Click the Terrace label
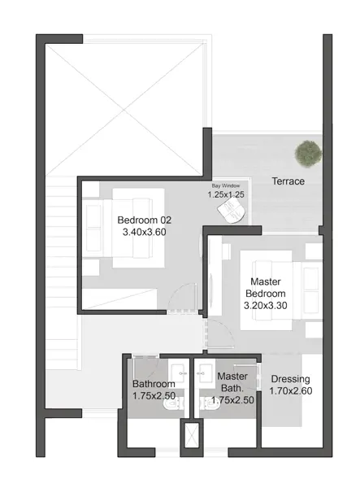(288, 181)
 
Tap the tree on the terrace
(308, 154)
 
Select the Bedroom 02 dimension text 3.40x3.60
(145, 232)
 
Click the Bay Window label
(226, 185)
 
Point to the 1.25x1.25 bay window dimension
(226, 194)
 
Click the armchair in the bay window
(232, 210)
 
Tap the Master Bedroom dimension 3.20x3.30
(265, 305)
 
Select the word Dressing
(290, 379)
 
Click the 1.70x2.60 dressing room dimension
(290, 391)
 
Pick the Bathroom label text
(154, 384)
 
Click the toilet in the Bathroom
(171, 404)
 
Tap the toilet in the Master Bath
(208, 404)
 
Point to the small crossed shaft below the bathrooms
(192, 435)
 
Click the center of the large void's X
(124, 110)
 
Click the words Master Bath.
(232, 382)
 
